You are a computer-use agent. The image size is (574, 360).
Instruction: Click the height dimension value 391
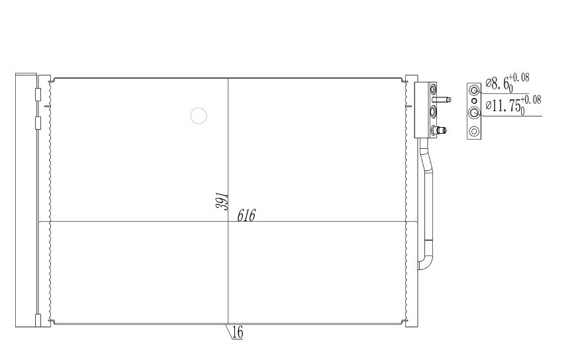222,201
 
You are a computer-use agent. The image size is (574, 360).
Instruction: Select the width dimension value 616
246,216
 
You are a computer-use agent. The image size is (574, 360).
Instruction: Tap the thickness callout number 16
238,333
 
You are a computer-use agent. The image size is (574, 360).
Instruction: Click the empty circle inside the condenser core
199,116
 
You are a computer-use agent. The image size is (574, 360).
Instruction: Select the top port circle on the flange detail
475,90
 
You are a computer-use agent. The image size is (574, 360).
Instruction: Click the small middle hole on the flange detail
475,101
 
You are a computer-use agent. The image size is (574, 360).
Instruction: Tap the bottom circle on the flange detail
474,131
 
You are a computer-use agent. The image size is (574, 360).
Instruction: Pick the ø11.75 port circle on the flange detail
475,112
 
